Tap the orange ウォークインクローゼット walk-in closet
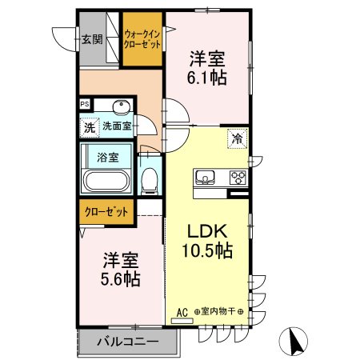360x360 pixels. pos(142,38)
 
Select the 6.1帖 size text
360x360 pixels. pos(207,78)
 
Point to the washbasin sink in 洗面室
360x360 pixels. pos(122,109)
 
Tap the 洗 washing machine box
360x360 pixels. pos(89,127)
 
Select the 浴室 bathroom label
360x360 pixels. pos(108,157)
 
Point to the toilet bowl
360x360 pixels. pos(149,181)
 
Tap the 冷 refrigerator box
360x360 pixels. pos(237,138)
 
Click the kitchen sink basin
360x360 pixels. pos(202,177)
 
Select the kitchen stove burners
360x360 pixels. pos(238,177)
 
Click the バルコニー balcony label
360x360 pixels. pos(127,342)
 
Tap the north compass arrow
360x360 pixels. pos(296,341)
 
